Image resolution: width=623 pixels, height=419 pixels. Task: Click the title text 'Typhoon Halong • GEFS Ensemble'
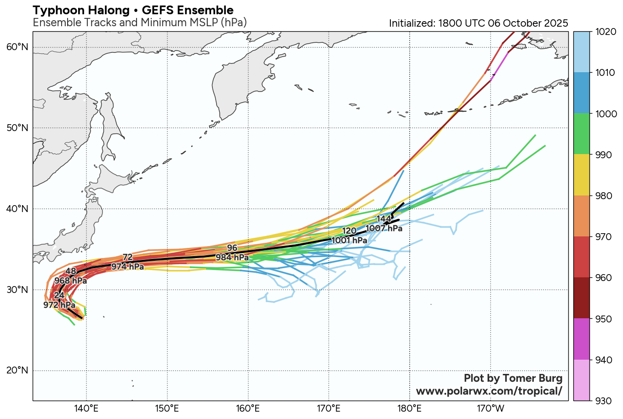pos(133,10)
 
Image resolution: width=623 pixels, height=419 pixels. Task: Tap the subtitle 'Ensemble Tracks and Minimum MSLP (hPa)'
pos(140,23)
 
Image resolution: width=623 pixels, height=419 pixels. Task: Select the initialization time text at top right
pos(478,23)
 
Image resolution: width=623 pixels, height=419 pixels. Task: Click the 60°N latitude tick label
pos(17,47)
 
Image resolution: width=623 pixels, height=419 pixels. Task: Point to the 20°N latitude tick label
pos(17,370)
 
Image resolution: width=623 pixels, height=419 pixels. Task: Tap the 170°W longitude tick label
pos(491,408)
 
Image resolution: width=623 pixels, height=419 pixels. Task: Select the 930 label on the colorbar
pos(602,401)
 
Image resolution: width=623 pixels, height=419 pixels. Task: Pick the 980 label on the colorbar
pos(602,196)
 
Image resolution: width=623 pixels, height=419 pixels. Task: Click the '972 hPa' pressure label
pos(59,305)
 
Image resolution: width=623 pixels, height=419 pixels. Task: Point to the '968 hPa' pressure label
pos(70,281)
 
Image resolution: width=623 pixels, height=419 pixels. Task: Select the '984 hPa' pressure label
pos(232,258)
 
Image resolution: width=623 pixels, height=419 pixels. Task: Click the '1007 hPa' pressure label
pos(384,228)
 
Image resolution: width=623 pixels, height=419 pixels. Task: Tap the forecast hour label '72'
pos(127,257)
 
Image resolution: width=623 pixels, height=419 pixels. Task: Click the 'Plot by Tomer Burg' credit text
pos(513,378)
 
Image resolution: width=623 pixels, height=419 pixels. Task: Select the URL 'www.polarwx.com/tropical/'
pos(489,391)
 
